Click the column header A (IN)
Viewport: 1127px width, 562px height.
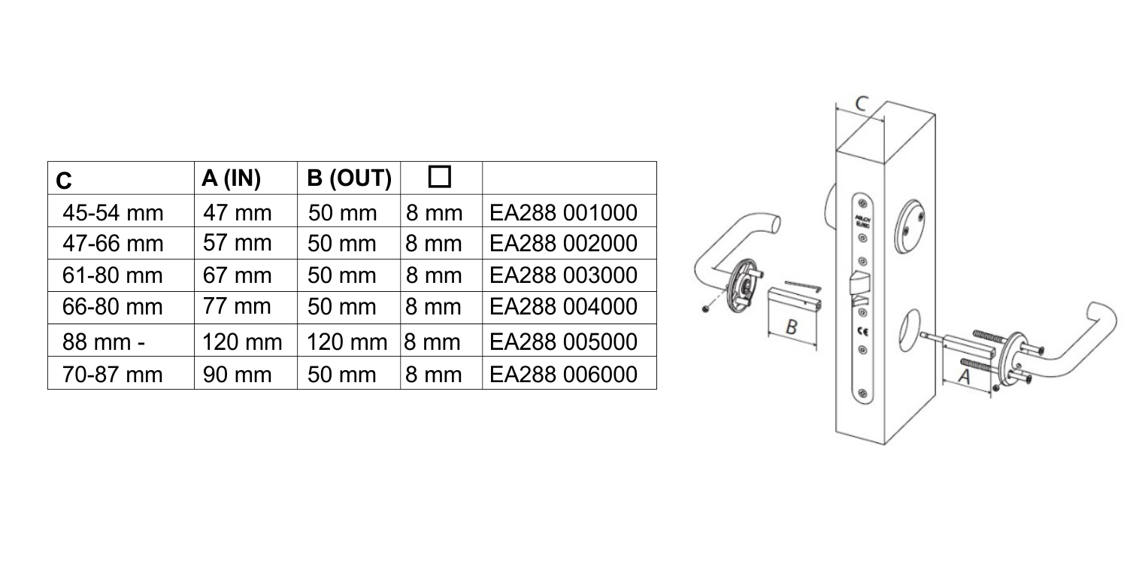(x=230, y=178)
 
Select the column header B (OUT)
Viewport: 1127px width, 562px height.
(x=348, y=178)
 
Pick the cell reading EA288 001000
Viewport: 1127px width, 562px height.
(x=564, y=212)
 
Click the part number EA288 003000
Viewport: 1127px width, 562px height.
(x=564, y=275)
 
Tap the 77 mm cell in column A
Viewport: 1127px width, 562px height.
(x=226, y=307)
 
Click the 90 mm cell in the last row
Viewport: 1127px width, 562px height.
(x=226, y=373)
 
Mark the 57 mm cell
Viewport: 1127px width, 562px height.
(x=226, y=244)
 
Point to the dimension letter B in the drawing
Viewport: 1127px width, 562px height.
(x=790, y=327)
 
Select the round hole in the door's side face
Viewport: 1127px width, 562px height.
(x=908, y=324)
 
